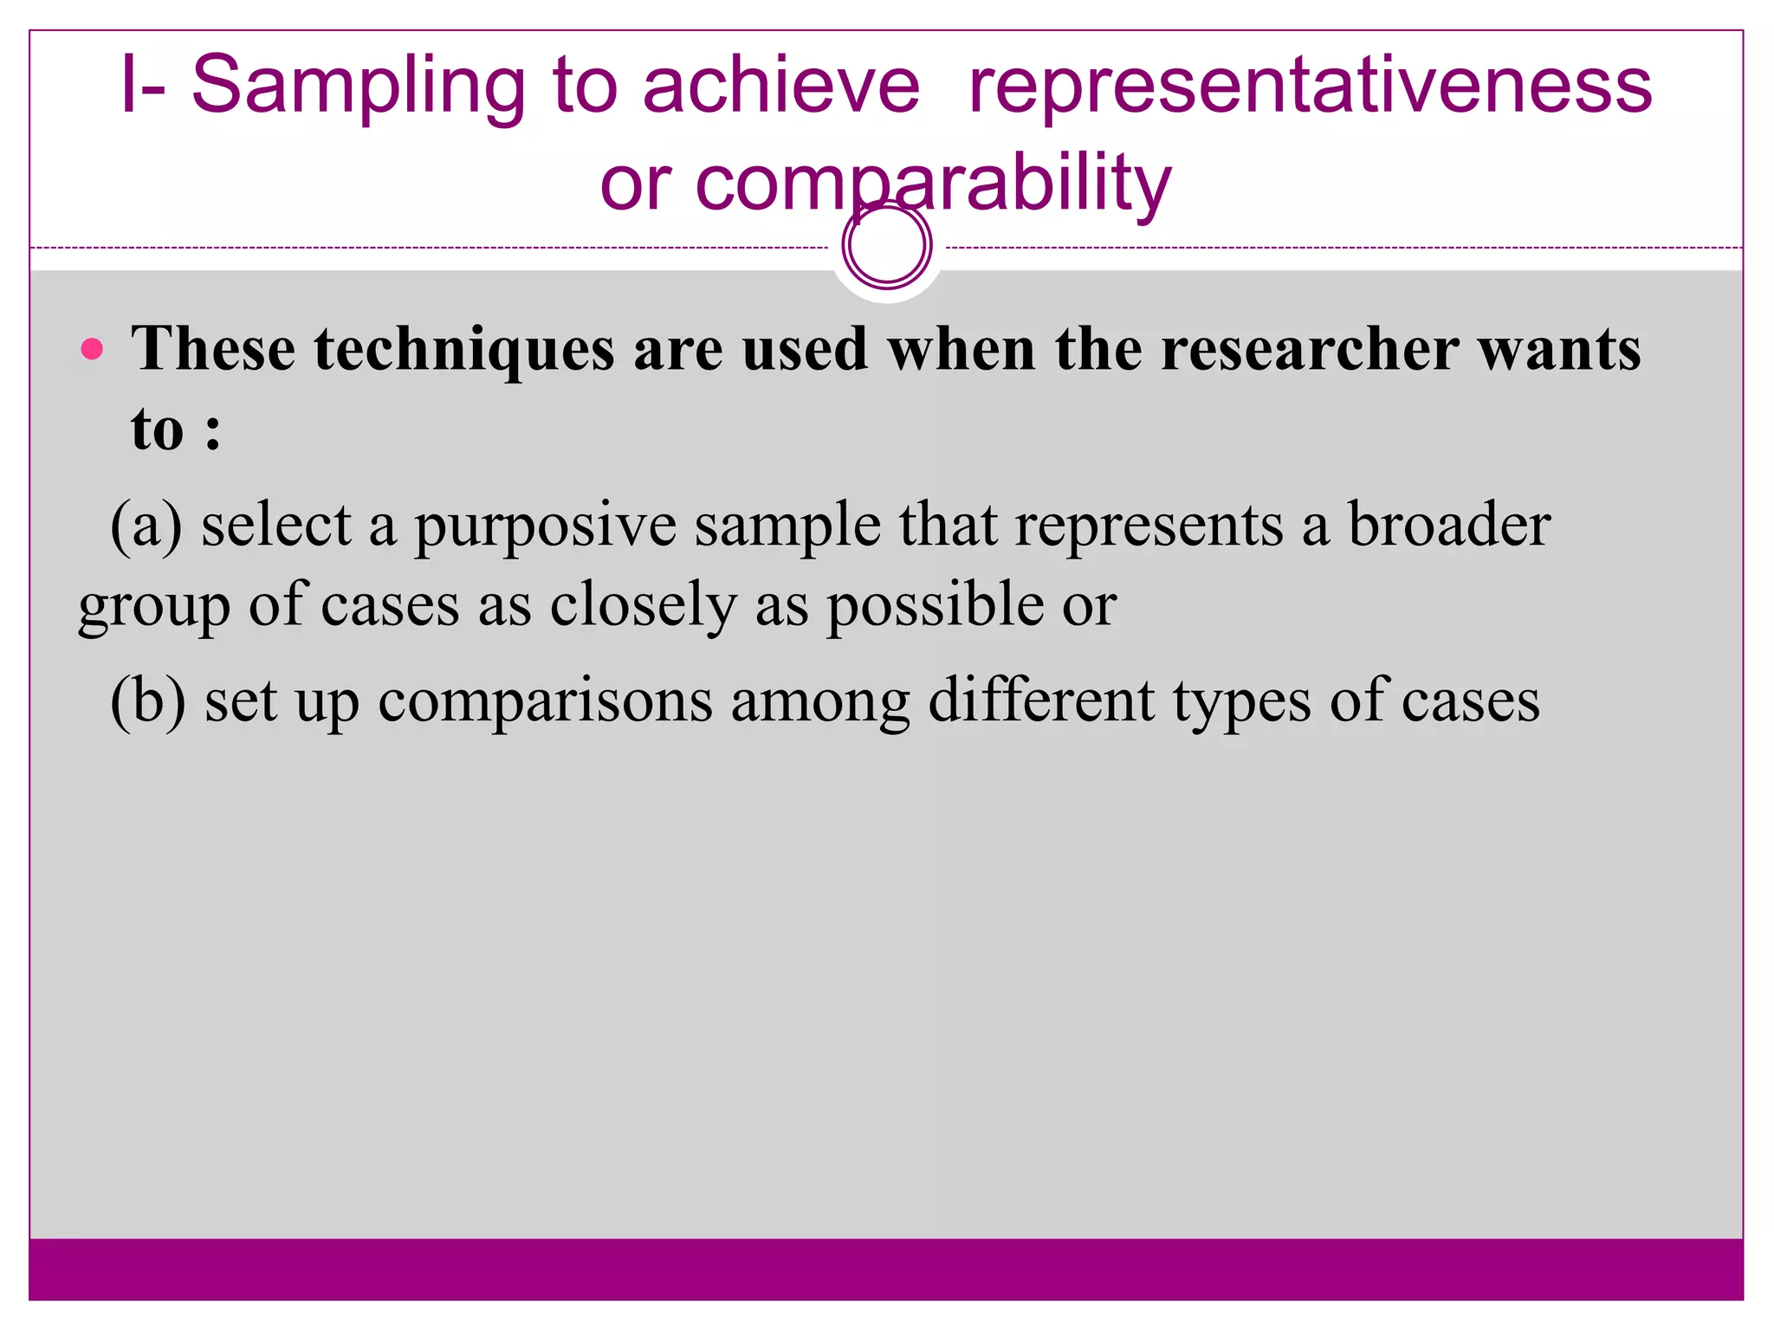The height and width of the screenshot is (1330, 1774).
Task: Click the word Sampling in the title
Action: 357,87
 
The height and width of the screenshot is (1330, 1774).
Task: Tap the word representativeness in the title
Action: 1310,87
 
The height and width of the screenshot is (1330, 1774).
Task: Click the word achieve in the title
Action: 780,85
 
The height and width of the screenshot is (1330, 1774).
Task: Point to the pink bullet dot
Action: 92,350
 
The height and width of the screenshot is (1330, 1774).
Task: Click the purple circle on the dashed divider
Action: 886,245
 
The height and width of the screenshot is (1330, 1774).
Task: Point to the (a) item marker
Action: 146,526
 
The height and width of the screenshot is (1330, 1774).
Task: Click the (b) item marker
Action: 148,701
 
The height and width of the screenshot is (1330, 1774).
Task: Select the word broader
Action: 1448,525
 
